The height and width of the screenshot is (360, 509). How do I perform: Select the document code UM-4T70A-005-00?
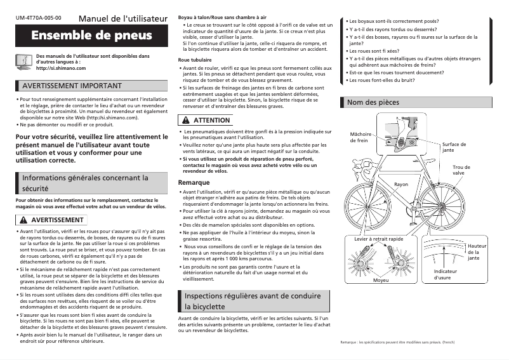coord(38,17)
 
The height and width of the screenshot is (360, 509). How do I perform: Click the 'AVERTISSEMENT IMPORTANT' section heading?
coord(72,86)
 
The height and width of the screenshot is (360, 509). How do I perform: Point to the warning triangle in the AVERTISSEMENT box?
coord(25,220)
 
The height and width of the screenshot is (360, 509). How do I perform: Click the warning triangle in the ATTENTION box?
coord(185,120)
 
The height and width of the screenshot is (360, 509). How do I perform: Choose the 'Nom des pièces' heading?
coord(373,102)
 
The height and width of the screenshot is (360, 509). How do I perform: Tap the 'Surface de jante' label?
coord(453,147)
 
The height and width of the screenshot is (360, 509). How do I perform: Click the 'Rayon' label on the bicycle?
coord(401,184)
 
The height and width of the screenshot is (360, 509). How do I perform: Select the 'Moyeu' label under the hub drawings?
coord(381,280)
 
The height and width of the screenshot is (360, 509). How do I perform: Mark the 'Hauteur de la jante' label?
coord(477,252)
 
